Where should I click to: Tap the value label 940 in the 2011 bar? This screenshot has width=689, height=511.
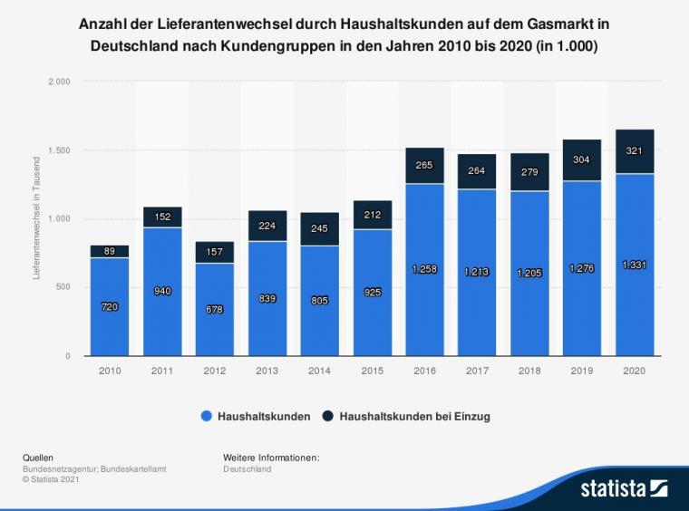(x=161, y=291)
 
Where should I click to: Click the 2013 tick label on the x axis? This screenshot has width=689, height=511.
(x=267, y=371)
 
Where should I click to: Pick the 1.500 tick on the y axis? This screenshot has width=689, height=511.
(x=58, y=150)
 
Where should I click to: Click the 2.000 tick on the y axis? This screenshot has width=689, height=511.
(x=58, y=82)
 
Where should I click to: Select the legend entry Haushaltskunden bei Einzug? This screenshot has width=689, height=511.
(x=414, y=417)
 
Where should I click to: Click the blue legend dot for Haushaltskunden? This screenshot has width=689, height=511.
(x=208, y=417)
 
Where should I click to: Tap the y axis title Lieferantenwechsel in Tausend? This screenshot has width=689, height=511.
(x=37, y=218)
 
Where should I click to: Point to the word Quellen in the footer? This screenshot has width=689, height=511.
(x=38, y=458)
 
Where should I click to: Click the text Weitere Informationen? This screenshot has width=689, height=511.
(x=270, y=458)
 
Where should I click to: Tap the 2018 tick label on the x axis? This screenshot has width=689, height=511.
(x=529, y=371)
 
